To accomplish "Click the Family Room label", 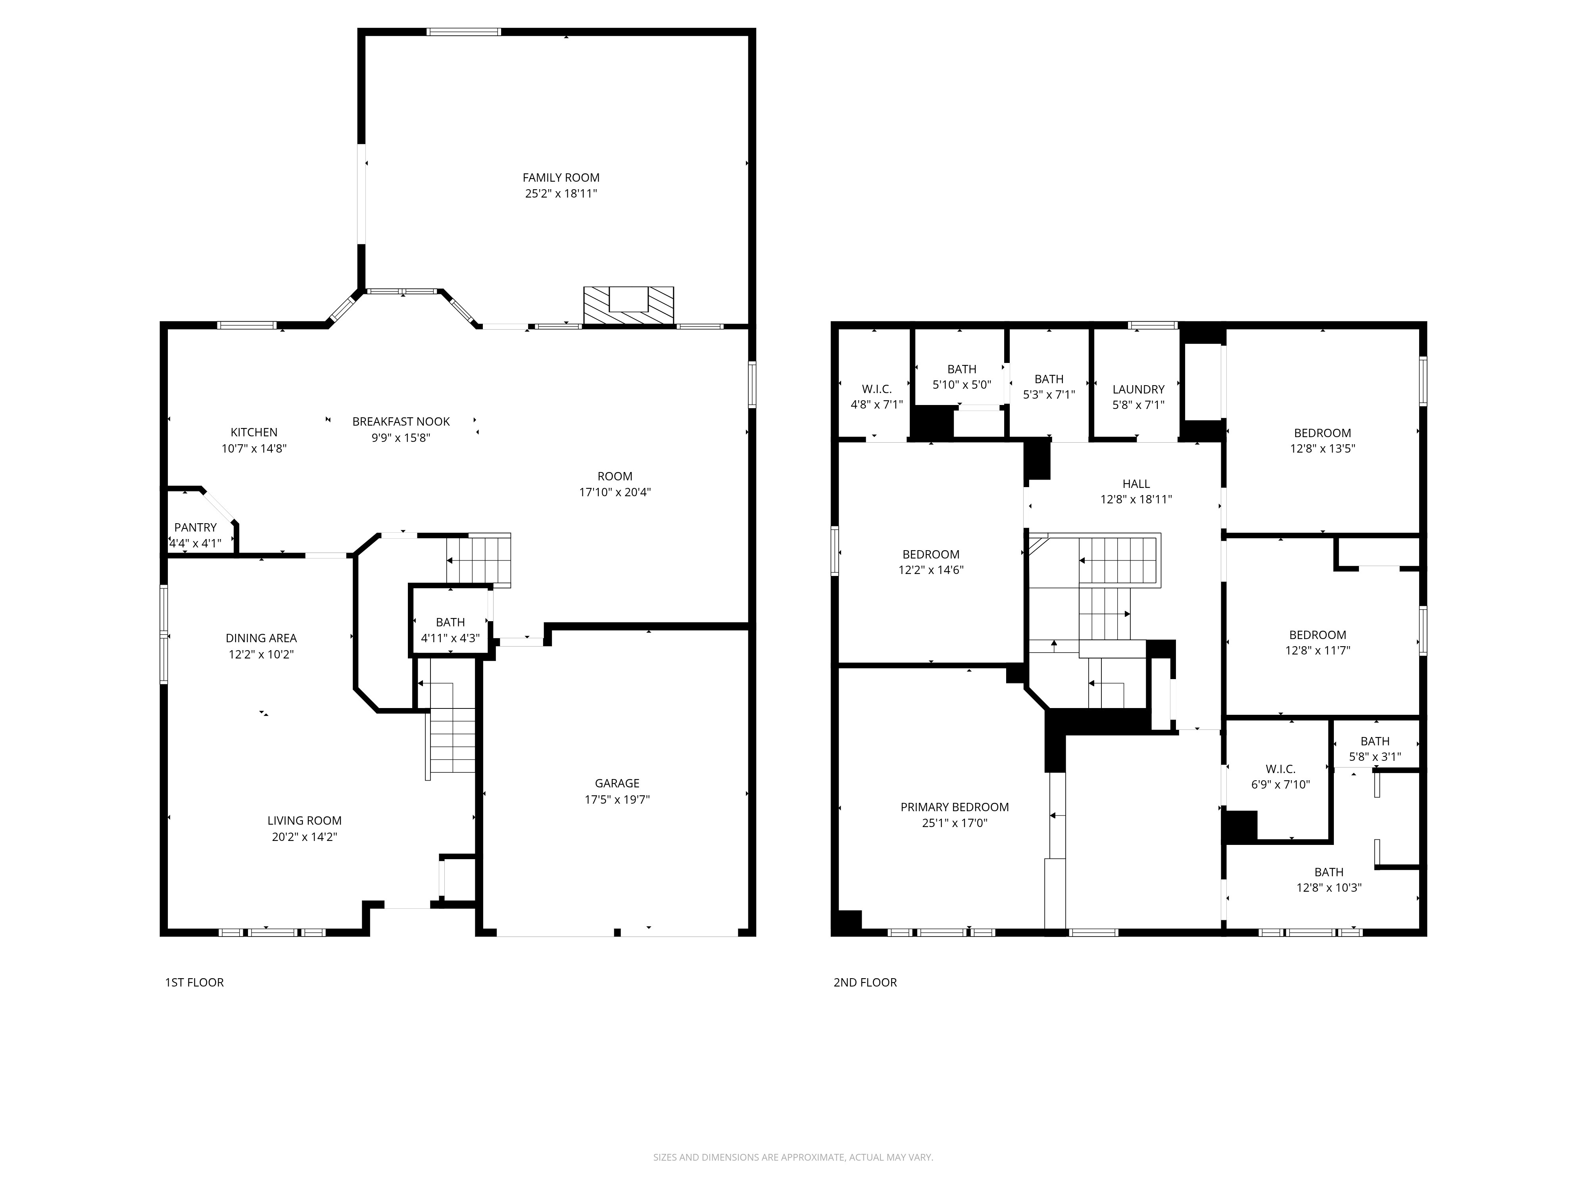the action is pyautogui.click(x=561, y=178).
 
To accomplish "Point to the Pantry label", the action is pyautogui.click(x=195, y=527).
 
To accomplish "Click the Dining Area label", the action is pyautogui.click(x=261, y=638).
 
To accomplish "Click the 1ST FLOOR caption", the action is pyautogui.click(x=194, y=983).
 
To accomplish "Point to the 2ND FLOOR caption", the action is pyautogui.click(x=865, y=983).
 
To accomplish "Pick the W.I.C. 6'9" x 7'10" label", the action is pyautogui.click(x=1281, y=777).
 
